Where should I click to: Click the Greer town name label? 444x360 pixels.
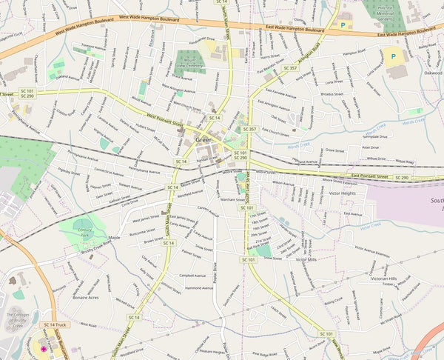(203, 139)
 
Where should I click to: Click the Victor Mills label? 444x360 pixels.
(306, 260)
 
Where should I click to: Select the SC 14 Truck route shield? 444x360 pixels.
(55, 324)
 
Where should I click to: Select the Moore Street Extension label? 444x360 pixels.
(346, 180)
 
